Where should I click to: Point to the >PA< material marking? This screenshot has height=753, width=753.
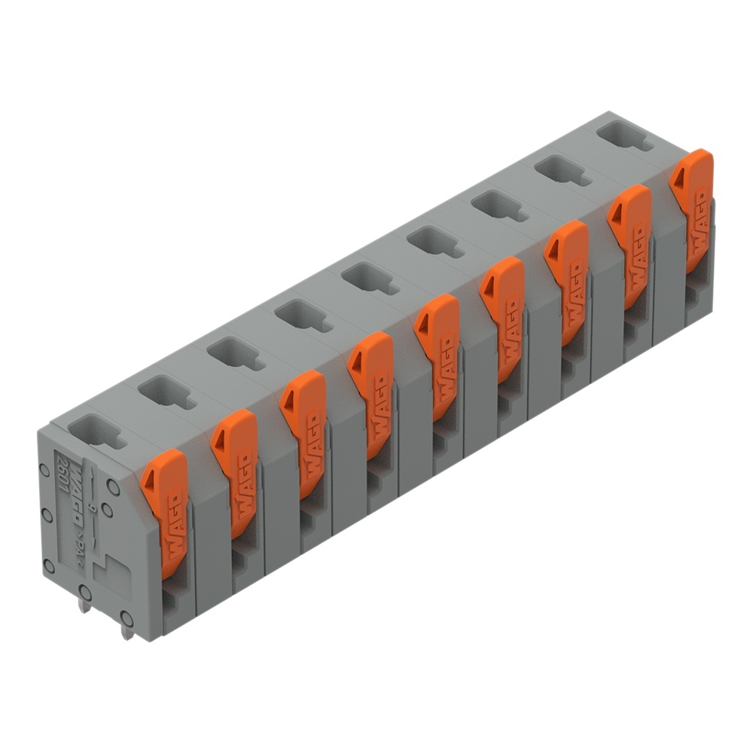[x=78, y=547]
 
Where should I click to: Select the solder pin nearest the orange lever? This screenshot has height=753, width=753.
[x=127, y=630]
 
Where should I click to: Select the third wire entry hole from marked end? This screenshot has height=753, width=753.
[x=235, y=353]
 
